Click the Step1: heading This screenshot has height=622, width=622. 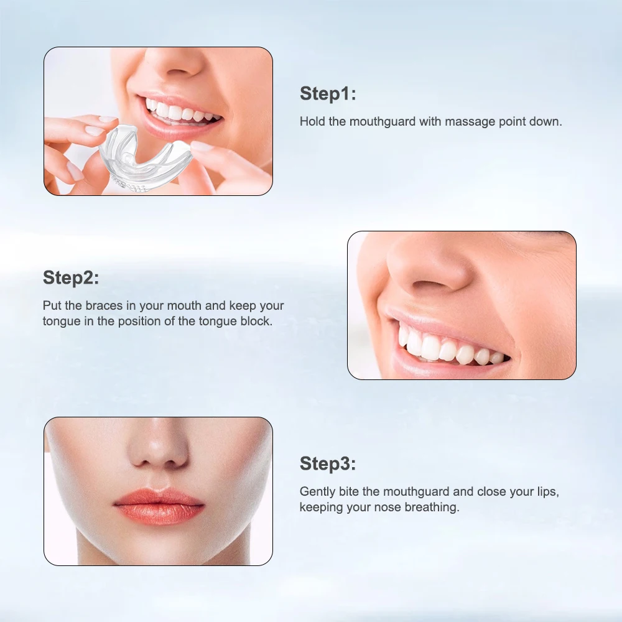point(328,94)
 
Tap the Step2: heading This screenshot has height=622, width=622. point(71,278)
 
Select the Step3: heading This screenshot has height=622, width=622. point(328,463)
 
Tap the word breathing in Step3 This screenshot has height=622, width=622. point(432,507)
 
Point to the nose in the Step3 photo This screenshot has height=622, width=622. point(159,451)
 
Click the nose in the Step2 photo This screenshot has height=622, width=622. point(429,267)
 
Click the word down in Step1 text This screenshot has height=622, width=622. point(547,121)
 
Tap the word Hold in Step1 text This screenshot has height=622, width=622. point(313,121)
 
